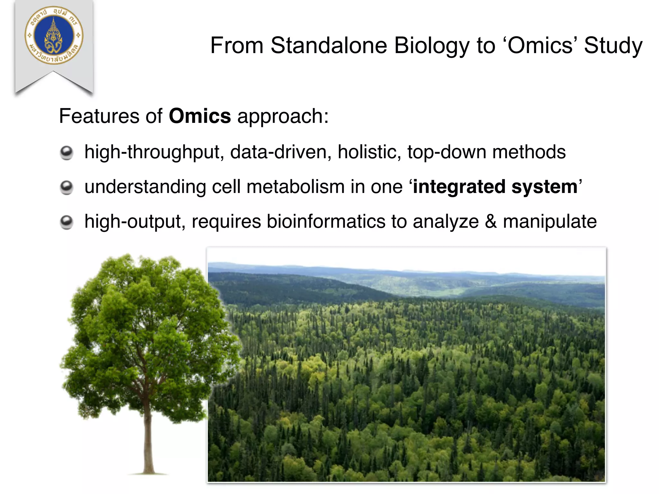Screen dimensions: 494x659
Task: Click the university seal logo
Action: pyautogui.click(x=54, y=35)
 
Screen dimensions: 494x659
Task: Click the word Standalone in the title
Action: pyautogui.click(x=329, y=45)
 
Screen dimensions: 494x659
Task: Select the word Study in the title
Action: pyautogui.click(x=613, y=45)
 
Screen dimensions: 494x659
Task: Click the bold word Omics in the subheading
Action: pyautogui.click(x=200, y=116)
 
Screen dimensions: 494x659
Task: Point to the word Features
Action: pyautogui.click(x=99, y=116)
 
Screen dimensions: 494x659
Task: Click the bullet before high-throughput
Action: pyautogui.click(x=67, y=153)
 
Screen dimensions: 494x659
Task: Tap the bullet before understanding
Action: pyautogui.click(x=67, y=188)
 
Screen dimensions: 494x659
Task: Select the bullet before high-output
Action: pyautogui.click(x=67, y=222)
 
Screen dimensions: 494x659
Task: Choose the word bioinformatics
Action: pyautogui.click(x=326, y=222)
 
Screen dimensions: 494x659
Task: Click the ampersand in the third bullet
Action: pyautogui.click(x=491, y=222)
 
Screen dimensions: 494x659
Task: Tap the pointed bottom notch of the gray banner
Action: pyautogui.click(x=53, y=73)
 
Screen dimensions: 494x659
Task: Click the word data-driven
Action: pyautogui.click(x=280, y=152)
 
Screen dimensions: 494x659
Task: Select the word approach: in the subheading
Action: pyautogui.click(x=283, y=117)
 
